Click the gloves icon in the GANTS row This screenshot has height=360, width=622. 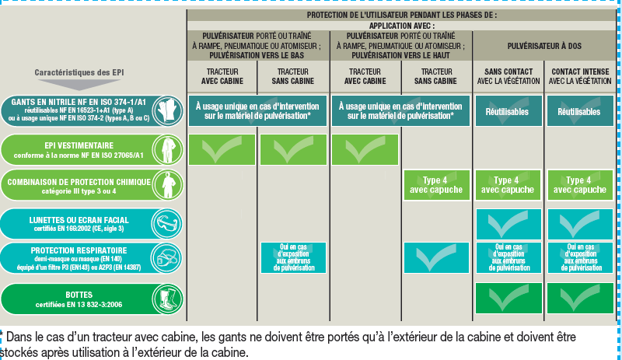click(167, 110)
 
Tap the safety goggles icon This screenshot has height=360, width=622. click(167, 224)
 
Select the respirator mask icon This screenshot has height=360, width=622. click(167, 258)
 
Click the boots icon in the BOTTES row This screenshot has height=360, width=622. click(167, 299)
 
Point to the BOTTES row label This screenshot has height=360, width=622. click(79, 299)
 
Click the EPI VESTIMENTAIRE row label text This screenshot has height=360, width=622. click(79, 150)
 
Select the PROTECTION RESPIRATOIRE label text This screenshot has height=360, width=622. click(79, 258)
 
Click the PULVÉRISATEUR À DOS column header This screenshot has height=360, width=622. click(544, 46)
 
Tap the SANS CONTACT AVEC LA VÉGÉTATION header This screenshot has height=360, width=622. click(508, 76)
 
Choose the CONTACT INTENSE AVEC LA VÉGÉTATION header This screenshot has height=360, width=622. click(580, 76)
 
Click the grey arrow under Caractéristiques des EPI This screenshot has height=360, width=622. click(79, 84)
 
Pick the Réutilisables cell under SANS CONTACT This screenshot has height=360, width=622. click(508, 110)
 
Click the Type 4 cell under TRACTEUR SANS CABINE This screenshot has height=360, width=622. click(436, 185)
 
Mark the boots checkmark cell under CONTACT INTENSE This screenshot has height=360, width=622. click(580, 298)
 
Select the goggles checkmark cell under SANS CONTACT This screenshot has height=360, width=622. click(508, 224)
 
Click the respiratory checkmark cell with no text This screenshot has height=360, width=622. click(436, 258)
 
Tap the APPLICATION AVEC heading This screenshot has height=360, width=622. click(401, 26)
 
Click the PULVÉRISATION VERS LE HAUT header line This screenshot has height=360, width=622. click(400, 55)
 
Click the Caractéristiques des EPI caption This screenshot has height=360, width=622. click(79, 72)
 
